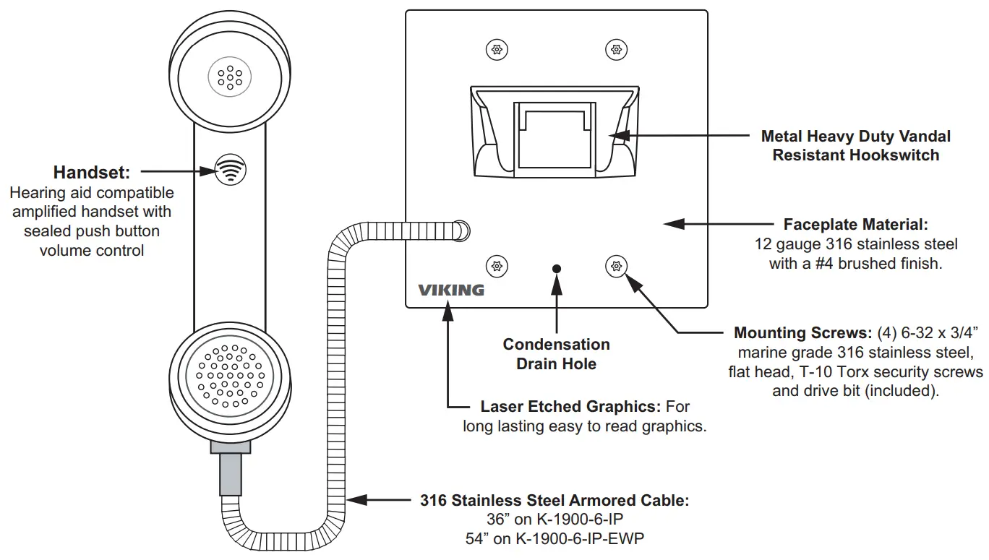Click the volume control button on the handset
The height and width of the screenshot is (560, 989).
[x=230, y=170]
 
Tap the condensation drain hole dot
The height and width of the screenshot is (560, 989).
[x=557, y=269]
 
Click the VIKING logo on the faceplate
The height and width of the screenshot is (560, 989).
[x=451, y=290]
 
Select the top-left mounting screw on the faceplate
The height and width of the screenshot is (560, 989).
[x=497, y=49]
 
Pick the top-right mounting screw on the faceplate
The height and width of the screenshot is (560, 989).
[x=617, y=49]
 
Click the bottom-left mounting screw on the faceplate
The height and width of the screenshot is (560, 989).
[x=497, y=266]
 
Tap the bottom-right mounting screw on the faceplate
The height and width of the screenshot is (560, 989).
[x=617, y=266]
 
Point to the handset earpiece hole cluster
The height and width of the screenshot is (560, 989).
[x=230, y=77]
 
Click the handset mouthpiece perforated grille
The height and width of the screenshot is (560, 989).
[x=230, y=376]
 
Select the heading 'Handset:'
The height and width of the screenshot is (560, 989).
[x=92, y=173]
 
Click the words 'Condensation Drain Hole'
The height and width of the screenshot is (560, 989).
[x=557, y=354]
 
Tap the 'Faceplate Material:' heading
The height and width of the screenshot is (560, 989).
[x=856, y=225]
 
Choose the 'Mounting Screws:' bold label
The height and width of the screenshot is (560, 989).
[x=803, y=332]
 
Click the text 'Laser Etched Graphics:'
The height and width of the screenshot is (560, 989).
[x=570, y=406]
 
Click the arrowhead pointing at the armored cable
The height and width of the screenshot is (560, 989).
[x=356, y=500]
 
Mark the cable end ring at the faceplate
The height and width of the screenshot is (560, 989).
[x=461, y=231]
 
